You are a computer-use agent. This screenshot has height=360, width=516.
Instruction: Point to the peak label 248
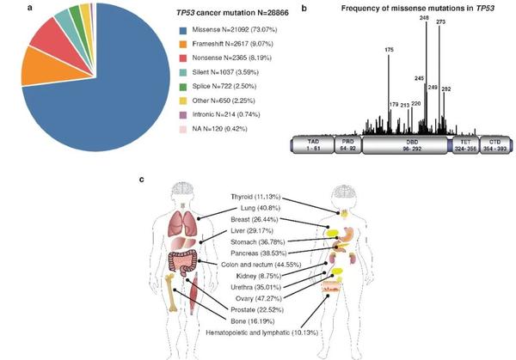[424, 17]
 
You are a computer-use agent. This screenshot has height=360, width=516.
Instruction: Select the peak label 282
[445, 88]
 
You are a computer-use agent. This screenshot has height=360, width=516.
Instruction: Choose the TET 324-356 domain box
[465, 144]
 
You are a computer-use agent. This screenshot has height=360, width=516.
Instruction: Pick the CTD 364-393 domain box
[494, 144]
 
